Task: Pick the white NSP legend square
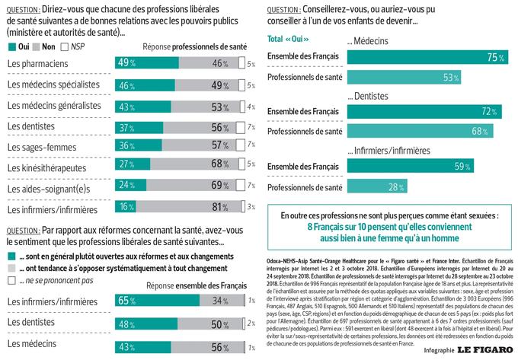click(x=66, y=47)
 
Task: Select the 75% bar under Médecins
click(x=427, y=57)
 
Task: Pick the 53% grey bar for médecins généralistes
click(x=205, y=105)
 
